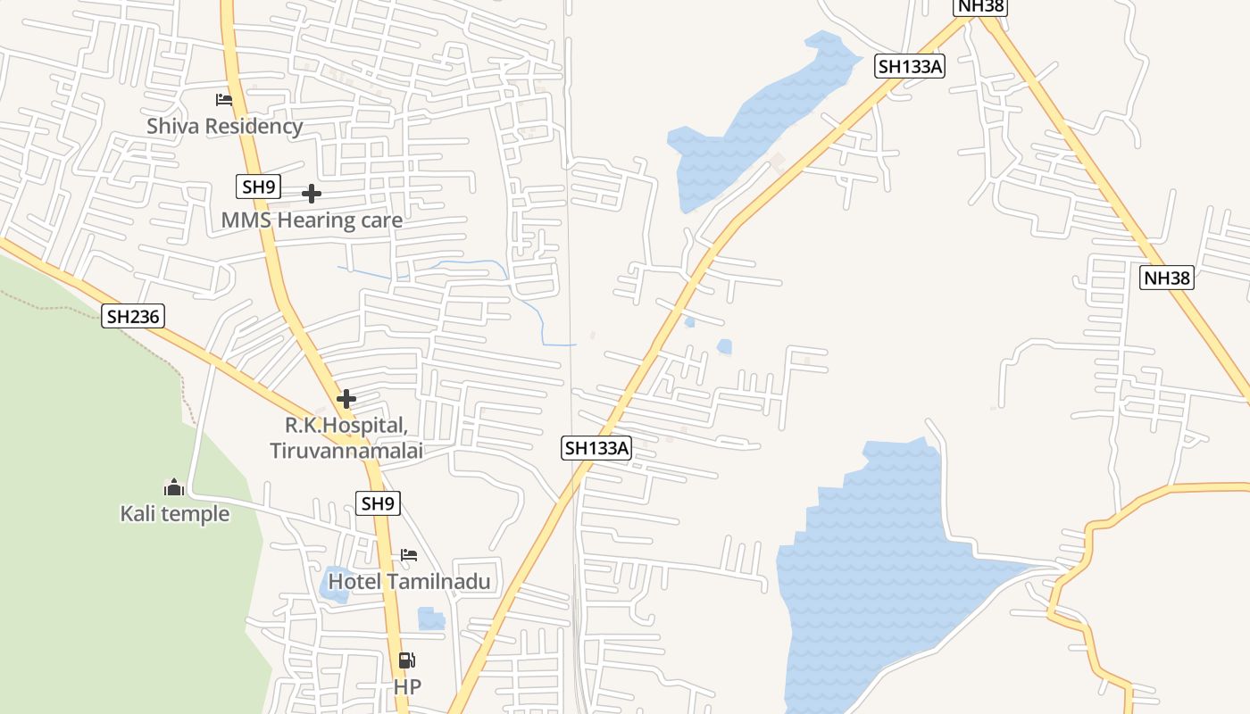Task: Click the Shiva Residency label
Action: coord(225,126)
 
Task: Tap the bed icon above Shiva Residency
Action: coord(224,100)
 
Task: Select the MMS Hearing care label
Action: coord(312,220)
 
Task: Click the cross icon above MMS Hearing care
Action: coord(312,194)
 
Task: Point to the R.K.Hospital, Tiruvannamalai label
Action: coord(346,438)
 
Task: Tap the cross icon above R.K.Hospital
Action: coord(346,399)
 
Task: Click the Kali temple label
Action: coord(175,514)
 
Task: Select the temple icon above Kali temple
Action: coord(174,487)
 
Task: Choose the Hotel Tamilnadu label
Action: coord(410,582)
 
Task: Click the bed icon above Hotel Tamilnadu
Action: coord(409,555)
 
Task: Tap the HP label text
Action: coord(407,687)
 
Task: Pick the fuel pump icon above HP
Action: coord(406,660)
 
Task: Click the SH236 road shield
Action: coord(133,315)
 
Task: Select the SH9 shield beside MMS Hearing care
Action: coord(259,187)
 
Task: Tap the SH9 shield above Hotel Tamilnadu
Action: coord(378,503)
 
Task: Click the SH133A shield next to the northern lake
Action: coord(909,66)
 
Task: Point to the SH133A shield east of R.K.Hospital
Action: coord(596,448)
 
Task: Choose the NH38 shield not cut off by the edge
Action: coord(1168,278)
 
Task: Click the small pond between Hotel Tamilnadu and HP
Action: coord(430,619)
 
